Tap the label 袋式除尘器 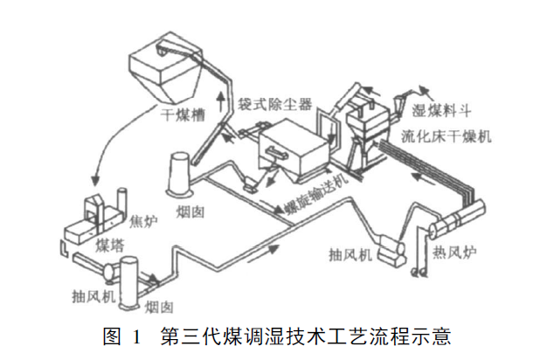(274, 103)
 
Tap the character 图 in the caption (110, 335)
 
